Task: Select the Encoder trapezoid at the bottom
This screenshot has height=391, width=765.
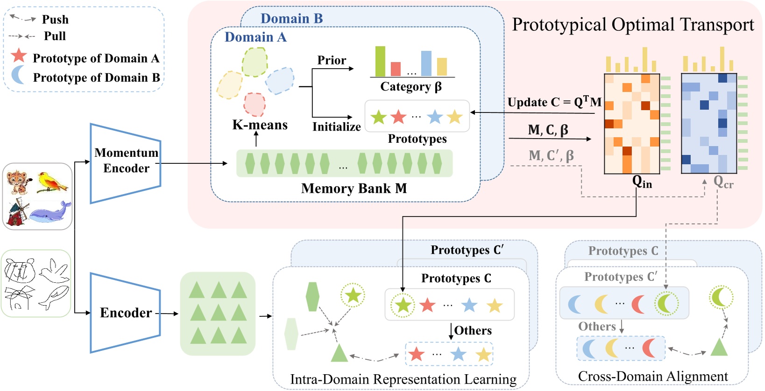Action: (x=125, y=312)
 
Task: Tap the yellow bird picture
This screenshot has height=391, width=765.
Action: (x=52, y=182)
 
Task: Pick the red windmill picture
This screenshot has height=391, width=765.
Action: (x=17, y=212)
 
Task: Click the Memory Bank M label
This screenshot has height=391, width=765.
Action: (x=354, y=189)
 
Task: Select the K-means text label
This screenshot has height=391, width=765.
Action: (x=260, y=125)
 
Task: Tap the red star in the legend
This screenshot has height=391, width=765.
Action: (x=19, y=56)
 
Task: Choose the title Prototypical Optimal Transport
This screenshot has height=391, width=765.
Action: (x=632, y=25)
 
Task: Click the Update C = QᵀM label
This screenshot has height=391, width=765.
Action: (x=554, y=102)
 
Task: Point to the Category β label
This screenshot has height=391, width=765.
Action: (x=411, y=87)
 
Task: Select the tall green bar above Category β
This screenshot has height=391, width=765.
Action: (x=380, y=61)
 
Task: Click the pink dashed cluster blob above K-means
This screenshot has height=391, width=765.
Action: (x=255, y=104)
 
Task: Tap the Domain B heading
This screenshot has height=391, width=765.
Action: (x=291, y=19)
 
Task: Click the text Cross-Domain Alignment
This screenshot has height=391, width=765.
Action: (x=652, y=376)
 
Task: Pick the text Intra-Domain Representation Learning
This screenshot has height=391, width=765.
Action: (x=403, y=379)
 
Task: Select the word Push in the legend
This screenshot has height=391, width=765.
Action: (x=55, y=20)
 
